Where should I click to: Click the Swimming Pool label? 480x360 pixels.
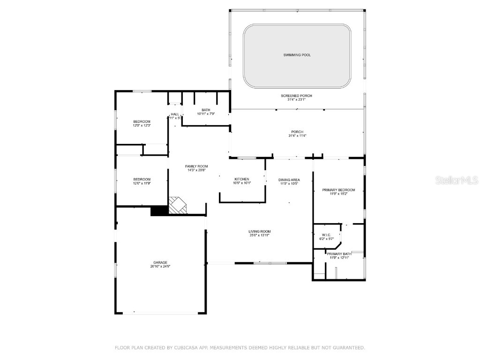click(297, 55)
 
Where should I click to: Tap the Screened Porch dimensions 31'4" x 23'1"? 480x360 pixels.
click(296, 100)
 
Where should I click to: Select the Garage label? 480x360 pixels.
click(160, 262)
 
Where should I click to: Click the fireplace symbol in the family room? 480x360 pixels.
click(177, 205)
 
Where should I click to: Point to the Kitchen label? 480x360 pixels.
click(242, 179)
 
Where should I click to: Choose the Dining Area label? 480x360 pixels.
click(289, 180)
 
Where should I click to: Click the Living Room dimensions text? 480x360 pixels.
click(259, 235)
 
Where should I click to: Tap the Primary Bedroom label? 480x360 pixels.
click(338, 190)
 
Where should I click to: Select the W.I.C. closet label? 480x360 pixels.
click(327, 235)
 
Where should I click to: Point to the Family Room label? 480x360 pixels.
click(196, 166)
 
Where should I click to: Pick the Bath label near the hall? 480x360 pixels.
click(205, 110)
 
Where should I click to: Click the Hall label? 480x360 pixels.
click(175, 114)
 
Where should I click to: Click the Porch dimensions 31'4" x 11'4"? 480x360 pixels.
click(296, 136)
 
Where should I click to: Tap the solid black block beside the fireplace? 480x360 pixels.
click(159, 211)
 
